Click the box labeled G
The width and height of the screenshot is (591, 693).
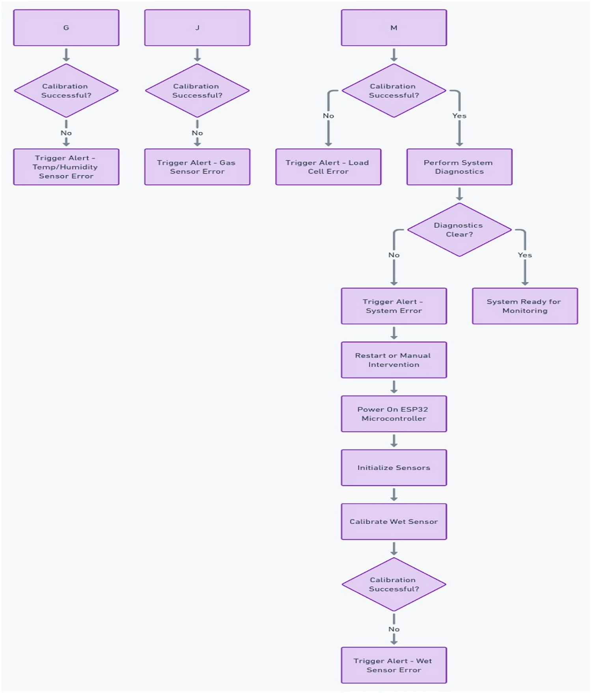coord(66,28)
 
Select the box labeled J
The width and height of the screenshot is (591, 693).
coord(197,28)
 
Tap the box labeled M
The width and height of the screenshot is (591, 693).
coord(393,28)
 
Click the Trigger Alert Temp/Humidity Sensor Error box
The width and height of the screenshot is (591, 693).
coord(66,167)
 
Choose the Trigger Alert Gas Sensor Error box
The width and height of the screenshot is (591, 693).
coord(197,167)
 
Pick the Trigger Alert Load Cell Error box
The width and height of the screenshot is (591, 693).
coord(328,167)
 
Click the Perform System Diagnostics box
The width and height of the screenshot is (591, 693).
coord(459,167)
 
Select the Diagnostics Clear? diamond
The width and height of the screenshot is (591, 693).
coord(459,230)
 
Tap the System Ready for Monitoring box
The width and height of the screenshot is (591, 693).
coord(524,306)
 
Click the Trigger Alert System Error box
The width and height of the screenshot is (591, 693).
coord(393,306)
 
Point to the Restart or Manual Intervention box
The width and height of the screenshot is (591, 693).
coord(393,360)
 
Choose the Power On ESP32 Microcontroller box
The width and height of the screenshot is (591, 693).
coord(393,414)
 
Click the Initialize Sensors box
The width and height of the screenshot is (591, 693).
coord(393,468)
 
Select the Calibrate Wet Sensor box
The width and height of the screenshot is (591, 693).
coord(393,521)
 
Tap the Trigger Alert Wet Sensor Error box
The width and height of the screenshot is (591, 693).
coord(393,665)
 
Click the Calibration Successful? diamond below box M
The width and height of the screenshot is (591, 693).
coord(393,91)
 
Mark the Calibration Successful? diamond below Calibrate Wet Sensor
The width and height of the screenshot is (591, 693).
coord(393,584)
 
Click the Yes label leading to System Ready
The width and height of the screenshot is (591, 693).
coord(524,255)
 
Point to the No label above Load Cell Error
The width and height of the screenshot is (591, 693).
coord(328,115)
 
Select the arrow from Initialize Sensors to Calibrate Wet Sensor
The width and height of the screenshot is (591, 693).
coord(393,494)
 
